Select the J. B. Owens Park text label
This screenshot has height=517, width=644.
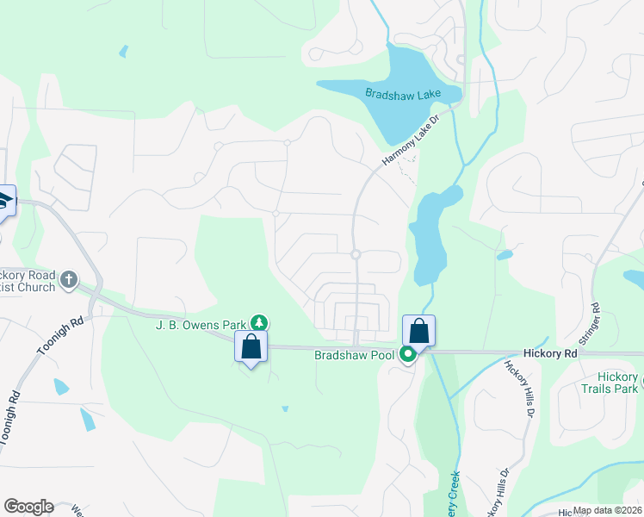tap(201, 324)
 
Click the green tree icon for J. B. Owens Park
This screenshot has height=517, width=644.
tap(258, 323)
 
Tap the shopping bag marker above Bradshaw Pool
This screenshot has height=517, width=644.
tap(418, 330)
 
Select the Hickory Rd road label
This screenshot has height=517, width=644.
tap(549, 353)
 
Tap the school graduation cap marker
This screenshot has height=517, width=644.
tap(3, 200)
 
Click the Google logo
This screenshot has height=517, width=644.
tap(28, 507)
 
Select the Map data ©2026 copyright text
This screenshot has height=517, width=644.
tap(608, 510)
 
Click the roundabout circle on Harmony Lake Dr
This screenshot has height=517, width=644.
tap(355, 254)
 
